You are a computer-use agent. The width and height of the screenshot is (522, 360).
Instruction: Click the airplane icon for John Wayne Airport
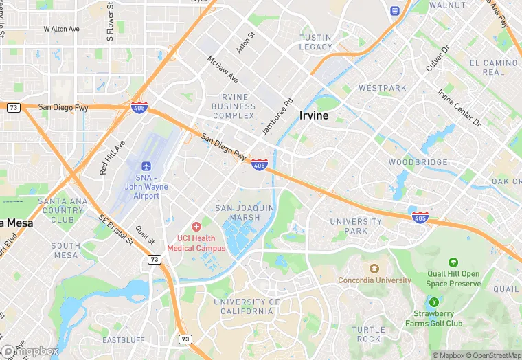pyautogui.click(x=146, y=166)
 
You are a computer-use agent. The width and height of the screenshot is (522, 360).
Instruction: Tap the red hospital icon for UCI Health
pyautogui.click(x=196, y=226)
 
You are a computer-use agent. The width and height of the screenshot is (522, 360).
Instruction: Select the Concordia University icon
pyautogui.click(x=374, y=269)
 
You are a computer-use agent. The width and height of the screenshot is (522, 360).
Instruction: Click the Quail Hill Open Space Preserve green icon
pyautogui.click(x=453, y=262)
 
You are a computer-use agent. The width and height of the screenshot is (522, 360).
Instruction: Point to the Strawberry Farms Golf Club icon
pyautogui.click(x=433, y=302)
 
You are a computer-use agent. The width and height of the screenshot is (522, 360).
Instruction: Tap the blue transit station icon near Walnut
pyautogui.click(x=395, y=11)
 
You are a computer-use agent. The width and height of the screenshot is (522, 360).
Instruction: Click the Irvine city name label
pyautogui.click(x=314, y=116)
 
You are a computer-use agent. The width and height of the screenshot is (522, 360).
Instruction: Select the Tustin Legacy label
pyautogui.click(x=316, y=42)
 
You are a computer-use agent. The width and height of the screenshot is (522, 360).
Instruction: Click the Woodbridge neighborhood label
pyautogui.click(x=418, y=162)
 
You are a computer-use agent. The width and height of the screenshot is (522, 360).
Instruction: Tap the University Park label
pyautogui.click(x=356, y=226)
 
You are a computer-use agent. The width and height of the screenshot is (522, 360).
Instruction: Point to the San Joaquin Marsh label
pyautogui.click(x=245, y=212)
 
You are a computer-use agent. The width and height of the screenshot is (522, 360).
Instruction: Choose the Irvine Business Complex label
pyautogui.click(x=234, y=106)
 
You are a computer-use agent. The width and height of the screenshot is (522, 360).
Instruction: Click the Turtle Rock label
pyautogui.click(x=368, y=334)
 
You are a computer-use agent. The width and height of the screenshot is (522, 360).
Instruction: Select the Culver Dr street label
pyautogui.click(x=436, y=58)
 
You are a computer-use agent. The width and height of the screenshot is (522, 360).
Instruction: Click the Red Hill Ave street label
pyautogui.click(x=113, y=157)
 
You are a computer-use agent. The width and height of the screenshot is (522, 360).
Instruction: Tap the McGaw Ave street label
pyautogui.click(x=223, y=69)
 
